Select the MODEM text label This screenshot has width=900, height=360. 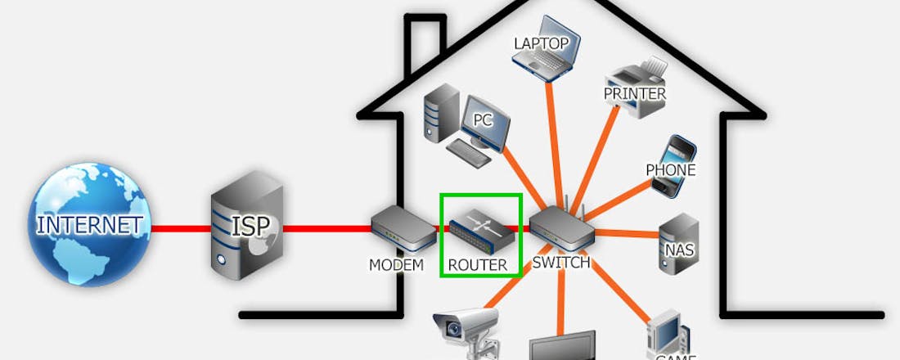click(x=396, y=265)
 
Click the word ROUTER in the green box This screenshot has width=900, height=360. click(x=479, y=265)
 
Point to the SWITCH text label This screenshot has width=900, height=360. click(x=560, y=263)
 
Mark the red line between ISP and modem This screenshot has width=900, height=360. click(x=327, y=227)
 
